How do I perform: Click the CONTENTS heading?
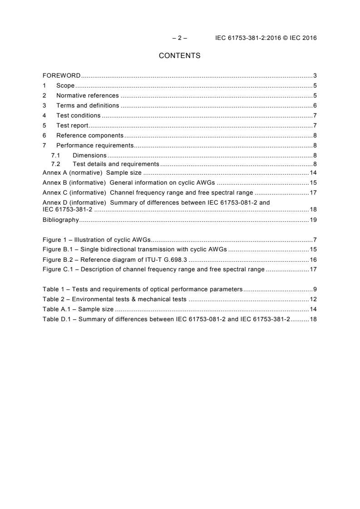point(179,56)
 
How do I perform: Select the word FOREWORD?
point(62,75)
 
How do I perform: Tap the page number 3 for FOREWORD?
point(315,75)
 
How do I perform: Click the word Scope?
point(65,85)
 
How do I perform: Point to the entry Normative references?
point(87,96)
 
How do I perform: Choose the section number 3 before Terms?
point(44,106)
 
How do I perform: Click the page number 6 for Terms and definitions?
point(315,106)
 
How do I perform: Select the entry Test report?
point(72,126)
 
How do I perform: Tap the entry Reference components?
point(89,136)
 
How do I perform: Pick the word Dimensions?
point(89,155)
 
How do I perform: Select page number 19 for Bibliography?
point(313,220)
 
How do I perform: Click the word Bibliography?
point(61,220)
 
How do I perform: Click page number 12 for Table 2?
point(313,299)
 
